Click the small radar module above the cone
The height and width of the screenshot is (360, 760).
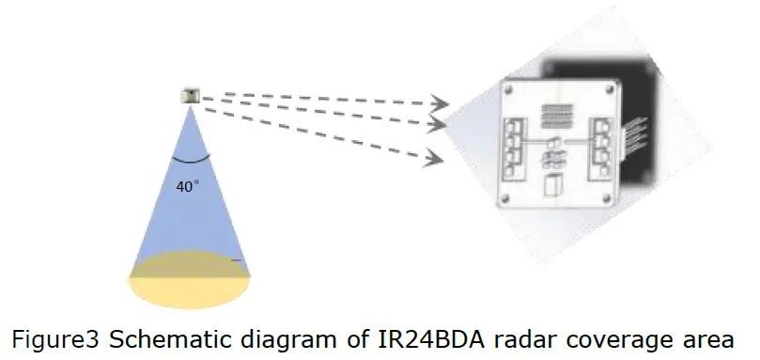click(192, 95)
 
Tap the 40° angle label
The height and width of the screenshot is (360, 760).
click(188, 186)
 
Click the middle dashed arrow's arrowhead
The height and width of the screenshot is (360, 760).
click(437, 124)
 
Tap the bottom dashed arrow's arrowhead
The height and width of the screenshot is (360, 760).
click(433, 156)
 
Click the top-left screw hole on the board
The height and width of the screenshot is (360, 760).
click(508, 91)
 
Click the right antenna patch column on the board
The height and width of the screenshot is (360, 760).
click(601, 145)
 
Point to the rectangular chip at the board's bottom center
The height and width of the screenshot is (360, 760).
click(558, 186)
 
